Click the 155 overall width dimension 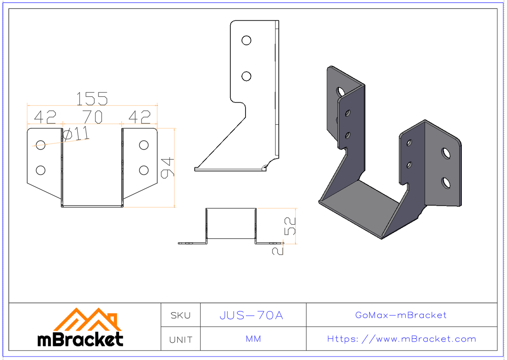(x=92, y=99)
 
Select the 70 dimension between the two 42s (x=92, y=117)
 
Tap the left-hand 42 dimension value (x=45, y=117)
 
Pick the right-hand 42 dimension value (x=139, y=117)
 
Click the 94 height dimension (x=168, y=168)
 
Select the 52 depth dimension (x=291, y=226)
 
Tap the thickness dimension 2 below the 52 (x=278, y=250)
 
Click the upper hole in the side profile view (x=246, y=40)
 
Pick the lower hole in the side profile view (x=246, y=76)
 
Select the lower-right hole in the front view (x=144, y=170)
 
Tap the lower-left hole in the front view (x=41, y=170)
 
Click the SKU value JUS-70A (x=251, y=315)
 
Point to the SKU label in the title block (x=180, y=315)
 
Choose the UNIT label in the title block (x=180, y=339)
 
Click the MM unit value (x=253, y=339)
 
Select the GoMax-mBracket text (x=401, y=315)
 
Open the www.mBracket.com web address (x=401, y=339)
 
